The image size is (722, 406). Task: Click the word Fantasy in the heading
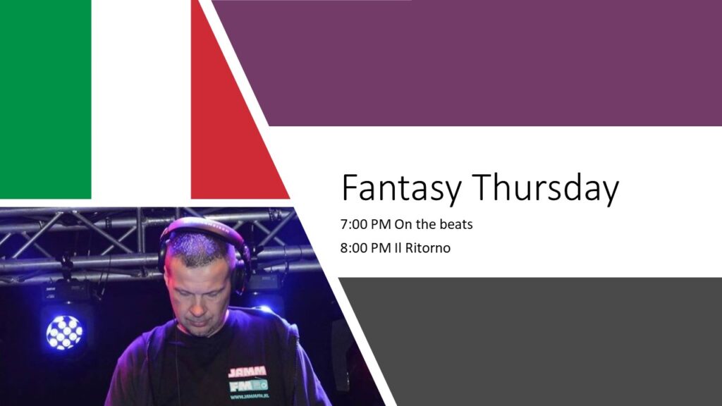[401, 188]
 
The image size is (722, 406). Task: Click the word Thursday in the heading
[546, 188]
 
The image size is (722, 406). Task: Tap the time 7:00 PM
[366, 225]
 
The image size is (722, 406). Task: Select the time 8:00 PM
[366, 248]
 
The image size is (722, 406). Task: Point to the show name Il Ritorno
[422, 248]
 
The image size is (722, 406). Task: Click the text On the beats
[434, 225]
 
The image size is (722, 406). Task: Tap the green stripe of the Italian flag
[46, 99]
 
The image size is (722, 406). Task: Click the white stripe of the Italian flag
[141, 99]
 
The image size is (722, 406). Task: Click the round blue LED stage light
[64, 333]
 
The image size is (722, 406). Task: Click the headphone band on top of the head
[202, 226]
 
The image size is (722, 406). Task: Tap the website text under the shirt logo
[249, 396]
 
